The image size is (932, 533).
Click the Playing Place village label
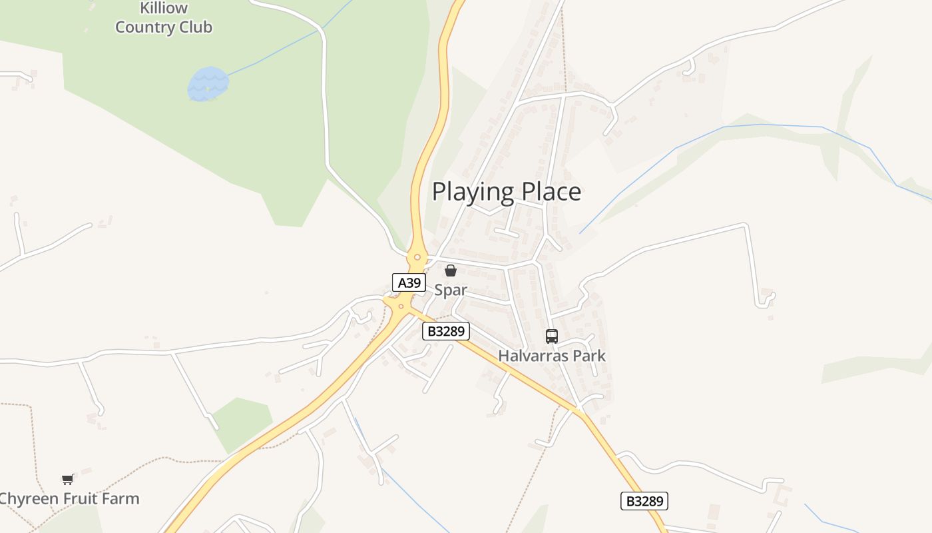coord(507,192)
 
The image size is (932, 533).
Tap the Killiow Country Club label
coord(164,18)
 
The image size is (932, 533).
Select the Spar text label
coord(451,290)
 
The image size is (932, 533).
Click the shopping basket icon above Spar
coord(451,270)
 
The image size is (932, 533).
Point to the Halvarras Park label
coord(552,356)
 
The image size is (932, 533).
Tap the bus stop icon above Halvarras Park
coord(552,336)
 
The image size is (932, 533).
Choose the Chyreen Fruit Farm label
coord(69,498)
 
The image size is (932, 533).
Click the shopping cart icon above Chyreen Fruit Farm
coord(68,479)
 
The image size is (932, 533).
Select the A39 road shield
coord(409,282)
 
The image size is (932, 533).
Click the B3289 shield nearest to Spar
coord(446,331)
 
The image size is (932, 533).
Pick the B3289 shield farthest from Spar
coord(644,501)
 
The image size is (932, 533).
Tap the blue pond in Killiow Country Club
coord(208,84)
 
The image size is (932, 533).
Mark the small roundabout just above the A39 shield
coord(417,257)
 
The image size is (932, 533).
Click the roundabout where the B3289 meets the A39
coord(401,306)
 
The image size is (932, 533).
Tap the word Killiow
coord(164,9)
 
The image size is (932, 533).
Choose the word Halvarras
coord(530,356)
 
